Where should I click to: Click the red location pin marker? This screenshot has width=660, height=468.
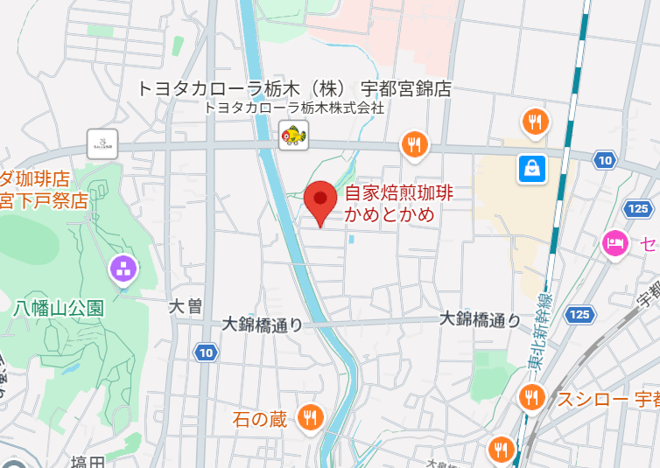point(319,203)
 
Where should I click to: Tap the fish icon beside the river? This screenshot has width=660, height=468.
point(293,136)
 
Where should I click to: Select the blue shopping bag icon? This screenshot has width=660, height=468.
point(531,168)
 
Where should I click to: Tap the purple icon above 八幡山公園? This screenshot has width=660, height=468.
point(123,269)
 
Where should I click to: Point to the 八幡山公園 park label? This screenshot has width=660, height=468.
point(60,308)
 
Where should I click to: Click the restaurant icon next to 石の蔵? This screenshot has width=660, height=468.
point(309,419)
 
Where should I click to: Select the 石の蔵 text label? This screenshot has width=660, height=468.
point(260,420)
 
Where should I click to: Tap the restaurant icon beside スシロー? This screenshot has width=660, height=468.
point(530,398)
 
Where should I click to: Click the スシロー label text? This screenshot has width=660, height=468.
point(593,400)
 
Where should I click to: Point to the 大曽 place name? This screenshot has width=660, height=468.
point(186,306)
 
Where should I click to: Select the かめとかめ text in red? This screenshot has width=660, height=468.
point(390,214)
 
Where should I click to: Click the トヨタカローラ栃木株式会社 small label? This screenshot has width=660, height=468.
point(294,108)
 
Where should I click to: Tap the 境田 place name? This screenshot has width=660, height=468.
point(88,462)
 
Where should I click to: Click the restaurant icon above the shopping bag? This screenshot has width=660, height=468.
point(535,122)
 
